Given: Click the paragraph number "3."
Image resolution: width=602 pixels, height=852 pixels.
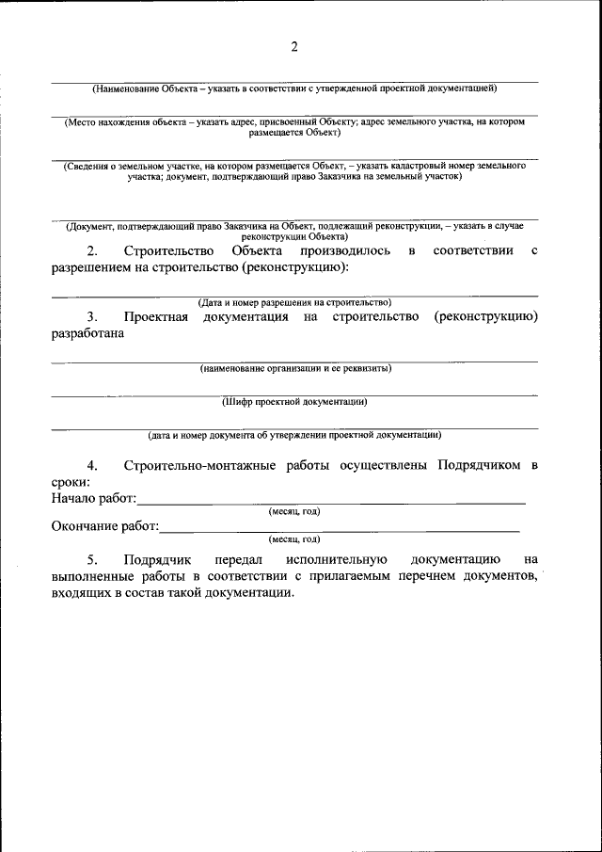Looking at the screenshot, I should click(x=92, y=317).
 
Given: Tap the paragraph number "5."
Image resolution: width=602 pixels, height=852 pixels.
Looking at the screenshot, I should click(x=92, y=559).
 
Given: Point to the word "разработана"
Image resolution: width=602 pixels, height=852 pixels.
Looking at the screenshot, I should click(x=87, y=333).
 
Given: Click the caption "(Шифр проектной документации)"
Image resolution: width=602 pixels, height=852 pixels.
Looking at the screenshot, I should click(x=294, y=401).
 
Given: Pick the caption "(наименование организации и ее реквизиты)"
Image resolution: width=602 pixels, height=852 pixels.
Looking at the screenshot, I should click(x=294, y=367).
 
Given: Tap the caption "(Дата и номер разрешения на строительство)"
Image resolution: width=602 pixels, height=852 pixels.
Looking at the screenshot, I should click(x=294, y=302).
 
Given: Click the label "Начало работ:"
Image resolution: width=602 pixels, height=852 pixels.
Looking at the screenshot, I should click(x=94, y=497).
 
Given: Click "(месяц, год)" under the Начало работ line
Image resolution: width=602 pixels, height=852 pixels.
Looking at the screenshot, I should click(x=294, y=511).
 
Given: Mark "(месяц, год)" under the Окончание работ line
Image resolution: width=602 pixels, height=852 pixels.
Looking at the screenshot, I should click(x=294, y=539).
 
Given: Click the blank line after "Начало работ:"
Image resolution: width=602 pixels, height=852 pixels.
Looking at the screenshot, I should click(x=329, y=501).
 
